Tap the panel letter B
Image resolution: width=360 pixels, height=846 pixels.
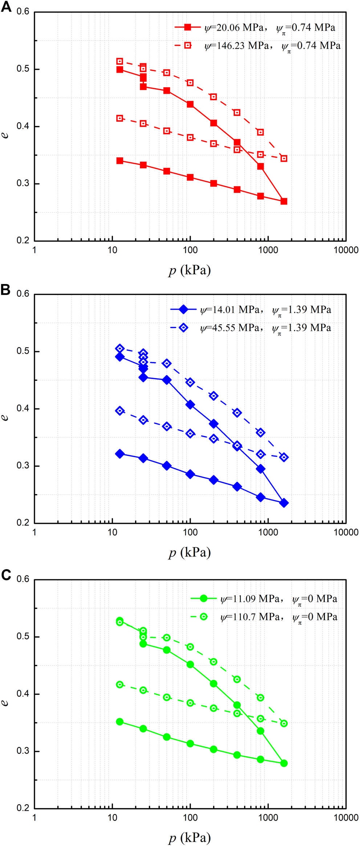coord(5,290)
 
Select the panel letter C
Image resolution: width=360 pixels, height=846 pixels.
coord(6,575)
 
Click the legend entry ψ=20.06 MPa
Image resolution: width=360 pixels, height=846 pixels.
coord(254,28)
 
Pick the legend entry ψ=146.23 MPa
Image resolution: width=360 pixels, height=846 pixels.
coord(257,46)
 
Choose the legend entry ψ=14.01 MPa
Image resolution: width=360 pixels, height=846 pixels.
coord(251,310)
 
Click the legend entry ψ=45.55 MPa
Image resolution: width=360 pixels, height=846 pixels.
coord(251,328)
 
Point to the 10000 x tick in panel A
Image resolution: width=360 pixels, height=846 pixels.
coord(346,250)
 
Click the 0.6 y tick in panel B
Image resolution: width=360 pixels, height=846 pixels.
coord(23,294)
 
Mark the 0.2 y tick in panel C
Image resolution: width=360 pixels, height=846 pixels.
coord(23,808)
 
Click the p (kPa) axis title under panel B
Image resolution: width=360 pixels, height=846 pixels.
coord(190,552)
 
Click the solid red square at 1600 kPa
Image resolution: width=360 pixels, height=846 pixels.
coord(284,201)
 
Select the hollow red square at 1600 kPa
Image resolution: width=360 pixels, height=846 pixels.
coord(284,158)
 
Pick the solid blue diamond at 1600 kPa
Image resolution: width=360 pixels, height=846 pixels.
coord(284,503)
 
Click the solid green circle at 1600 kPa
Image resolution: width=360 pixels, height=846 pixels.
coord(284,763)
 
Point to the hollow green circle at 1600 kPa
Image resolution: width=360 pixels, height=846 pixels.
coord(284,723)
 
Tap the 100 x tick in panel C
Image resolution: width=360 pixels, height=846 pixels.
coord(190,818)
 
